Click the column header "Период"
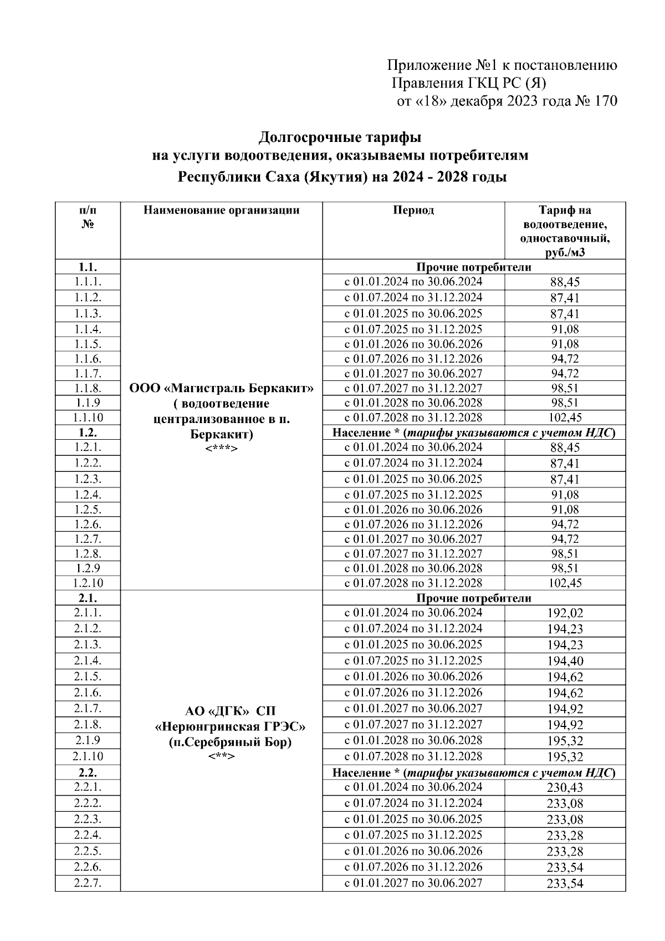tap(413, 210)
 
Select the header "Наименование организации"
tap(221, 210)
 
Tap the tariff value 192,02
tap(565, 613)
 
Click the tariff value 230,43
tap(565, 787)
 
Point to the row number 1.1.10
tap(88, 418)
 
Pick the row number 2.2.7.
tap(88, 883)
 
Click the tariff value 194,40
tap(565, 661)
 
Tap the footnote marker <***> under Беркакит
tap(221, 448)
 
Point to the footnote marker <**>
tap(221, 756)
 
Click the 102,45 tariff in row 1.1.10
tap(565, 418)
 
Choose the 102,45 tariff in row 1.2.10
tap(565, 583)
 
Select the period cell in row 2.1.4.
tap(413, 660)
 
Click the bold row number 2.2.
tap(88, 772)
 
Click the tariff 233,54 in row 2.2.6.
tap(565, 867)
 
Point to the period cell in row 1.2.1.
tap(413, 447)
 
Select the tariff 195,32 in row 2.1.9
tap(565, 741)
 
